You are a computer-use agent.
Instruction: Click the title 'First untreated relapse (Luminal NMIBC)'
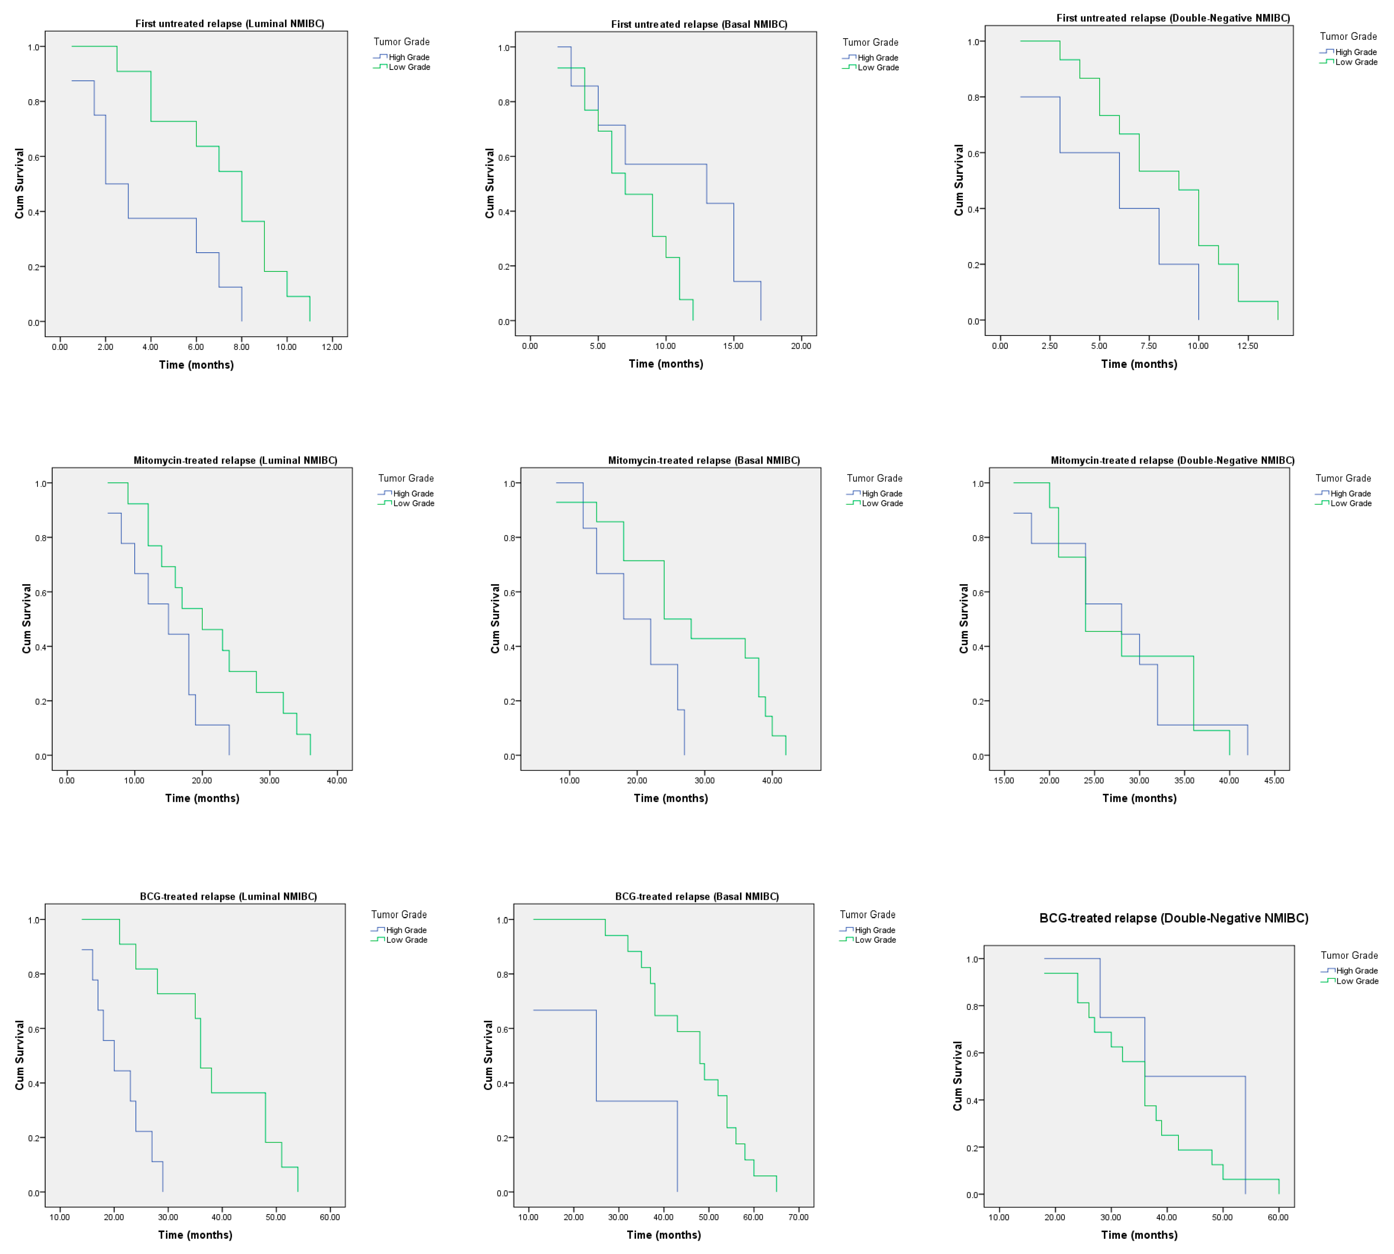click(x=229, y=23)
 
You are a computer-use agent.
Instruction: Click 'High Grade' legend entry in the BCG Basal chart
click(x=874, y=930)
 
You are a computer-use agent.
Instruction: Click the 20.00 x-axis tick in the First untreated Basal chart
click(x=800, y=346)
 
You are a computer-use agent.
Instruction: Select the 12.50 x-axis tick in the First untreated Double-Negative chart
click(x=1247, y=346)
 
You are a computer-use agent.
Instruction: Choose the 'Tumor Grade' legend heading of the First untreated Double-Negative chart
click(x=1348, y=37)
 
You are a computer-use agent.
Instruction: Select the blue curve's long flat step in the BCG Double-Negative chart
click(x=1195, y=1076)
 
